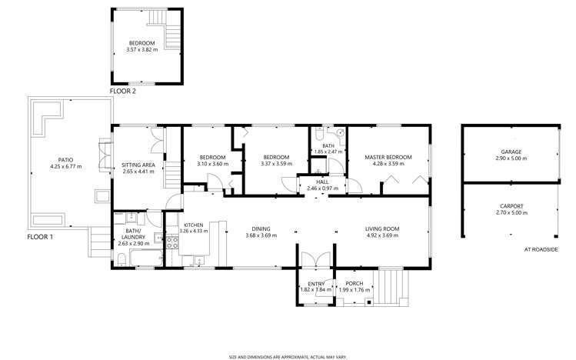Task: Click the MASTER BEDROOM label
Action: (388, 158)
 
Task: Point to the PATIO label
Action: (65, 161)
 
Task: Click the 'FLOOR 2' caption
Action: (122, 92)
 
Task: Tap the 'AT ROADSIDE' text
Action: (541, 249)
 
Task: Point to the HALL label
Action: (323, 182)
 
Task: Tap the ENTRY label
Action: (315, 284)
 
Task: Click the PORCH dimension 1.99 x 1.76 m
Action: (355, 290)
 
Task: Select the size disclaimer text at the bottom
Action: (288, 356)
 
